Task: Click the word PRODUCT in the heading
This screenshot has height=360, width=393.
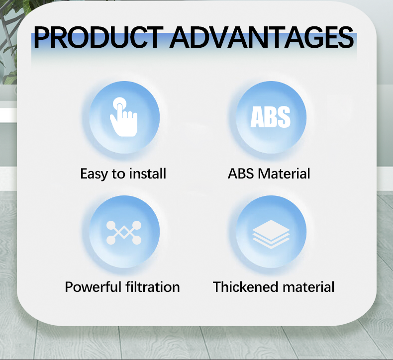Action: coord(98,37)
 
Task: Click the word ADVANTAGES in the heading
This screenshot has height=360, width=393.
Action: coord(262,37)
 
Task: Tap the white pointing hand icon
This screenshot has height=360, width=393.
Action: coord(124,117)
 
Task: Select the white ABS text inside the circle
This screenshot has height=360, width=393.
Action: coord(271,117)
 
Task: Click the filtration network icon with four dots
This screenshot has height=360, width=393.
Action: coord(124,233)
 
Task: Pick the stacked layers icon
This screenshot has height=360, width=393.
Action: coord(271,234)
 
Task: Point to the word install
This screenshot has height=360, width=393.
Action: coord(147,174)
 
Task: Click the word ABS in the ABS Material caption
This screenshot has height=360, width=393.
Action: coord(241,174)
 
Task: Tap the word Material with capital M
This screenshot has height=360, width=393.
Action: coord(284,174)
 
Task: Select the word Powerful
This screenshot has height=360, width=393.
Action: coord(93,287)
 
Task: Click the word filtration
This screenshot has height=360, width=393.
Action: coord(153,287)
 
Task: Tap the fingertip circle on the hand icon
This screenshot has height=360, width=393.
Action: coord(119,103)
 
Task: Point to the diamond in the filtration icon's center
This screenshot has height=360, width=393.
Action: coord(124,232)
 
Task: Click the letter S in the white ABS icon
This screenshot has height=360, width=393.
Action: coord(284,117)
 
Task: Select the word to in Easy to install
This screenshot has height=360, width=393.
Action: coord(118,174)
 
